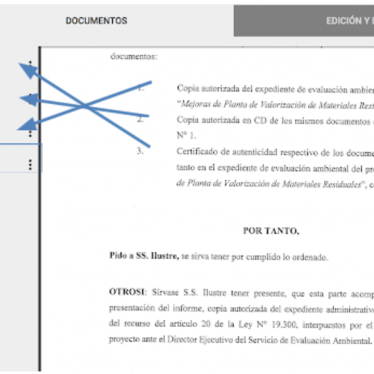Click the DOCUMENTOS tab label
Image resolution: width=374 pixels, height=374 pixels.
tap(96, 21)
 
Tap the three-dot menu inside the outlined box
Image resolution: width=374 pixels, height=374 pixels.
tap(30, 165)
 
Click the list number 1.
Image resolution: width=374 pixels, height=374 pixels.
tap(141, 88)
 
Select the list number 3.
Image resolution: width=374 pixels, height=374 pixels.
tap(141, 150)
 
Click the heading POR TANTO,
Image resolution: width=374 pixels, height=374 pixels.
tap(271, 231)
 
